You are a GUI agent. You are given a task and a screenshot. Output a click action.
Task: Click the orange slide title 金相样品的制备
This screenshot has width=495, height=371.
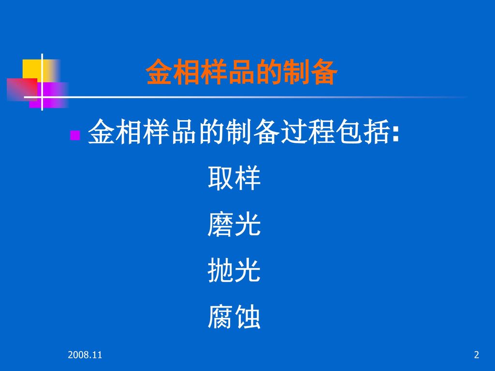[242, 72]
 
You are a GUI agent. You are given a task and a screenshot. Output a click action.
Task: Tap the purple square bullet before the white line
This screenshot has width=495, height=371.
[75, 135]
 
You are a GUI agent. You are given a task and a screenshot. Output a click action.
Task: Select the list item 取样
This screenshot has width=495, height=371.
[234, 178]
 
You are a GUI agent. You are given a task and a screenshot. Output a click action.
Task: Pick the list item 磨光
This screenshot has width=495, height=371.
[234, 224]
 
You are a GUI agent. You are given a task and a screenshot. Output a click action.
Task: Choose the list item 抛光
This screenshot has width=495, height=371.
[234, 271]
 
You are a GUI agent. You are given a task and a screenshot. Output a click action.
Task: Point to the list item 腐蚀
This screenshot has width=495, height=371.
[234, 317]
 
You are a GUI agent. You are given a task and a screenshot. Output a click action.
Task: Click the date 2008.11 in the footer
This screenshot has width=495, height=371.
[85, 355]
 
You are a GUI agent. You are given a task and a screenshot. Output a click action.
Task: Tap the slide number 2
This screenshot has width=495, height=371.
[477, 355]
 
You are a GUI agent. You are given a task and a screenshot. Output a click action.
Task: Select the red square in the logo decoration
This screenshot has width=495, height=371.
[22, 89]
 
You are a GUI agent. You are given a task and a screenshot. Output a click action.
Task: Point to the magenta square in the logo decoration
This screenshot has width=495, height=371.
[49, 95]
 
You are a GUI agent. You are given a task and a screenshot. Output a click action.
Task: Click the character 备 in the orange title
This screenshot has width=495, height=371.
[324, 72]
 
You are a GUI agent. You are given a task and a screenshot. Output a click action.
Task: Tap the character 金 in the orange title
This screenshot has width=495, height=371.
[159, 72]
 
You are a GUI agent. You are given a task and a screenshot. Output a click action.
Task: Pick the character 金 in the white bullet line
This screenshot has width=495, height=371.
[101, 132]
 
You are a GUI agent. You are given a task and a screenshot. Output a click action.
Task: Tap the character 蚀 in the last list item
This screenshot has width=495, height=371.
[247, 317]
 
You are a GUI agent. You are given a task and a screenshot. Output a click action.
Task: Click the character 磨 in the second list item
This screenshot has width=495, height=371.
[220, 224]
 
